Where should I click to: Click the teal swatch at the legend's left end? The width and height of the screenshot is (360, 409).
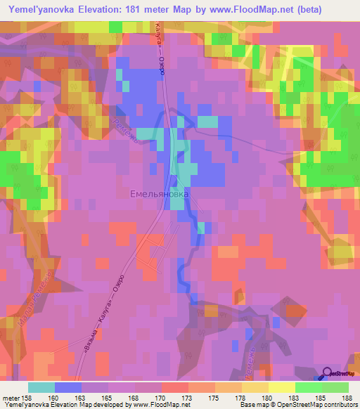(41, 387)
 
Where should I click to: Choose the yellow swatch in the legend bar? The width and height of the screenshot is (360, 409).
(282, 387)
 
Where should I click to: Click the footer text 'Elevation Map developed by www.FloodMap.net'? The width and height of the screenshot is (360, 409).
(98, 405)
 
